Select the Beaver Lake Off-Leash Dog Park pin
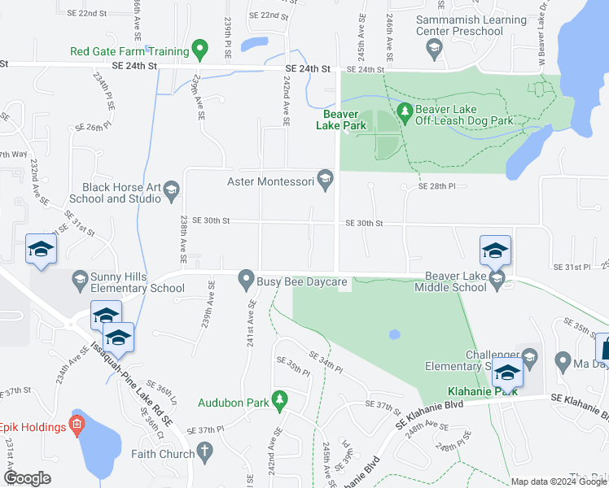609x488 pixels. coord(402,110)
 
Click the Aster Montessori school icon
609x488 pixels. coord(326,178)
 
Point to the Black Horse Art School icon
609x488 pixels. coord(171,191)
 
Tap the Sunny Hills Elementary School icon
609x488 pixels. coord(80,281)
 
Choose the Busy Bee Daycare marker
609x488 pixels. coord(245,282)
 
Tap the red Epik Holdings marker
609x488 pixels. coord(77,423)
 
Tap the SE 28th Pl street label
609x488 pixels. coord(438,186)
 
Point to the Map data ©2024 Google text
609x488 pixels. coord(558,481)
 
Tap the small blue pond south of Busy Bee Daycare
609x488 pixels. coord(395,334)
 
